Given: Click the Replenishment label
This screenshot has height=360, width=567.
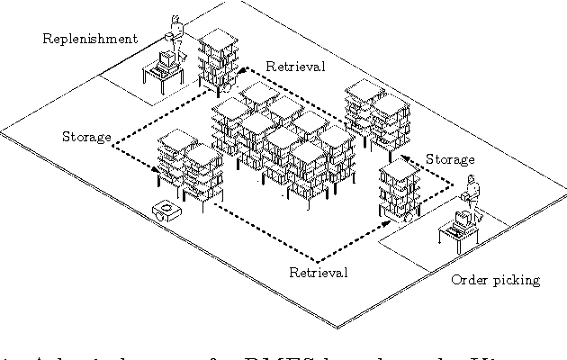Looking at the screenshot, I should point(90,39).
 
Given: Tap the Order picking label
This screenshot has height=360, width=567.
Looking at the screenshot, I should point(495,279).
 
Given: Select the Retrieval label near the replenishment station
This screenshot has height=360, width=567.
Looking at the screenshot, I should point(295,67).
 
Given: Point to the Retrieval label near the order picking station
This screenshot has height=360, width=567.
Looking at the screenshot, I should point(317,272).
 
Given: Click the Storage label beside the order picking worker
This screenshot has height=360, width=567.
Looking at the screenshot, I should point(450,159).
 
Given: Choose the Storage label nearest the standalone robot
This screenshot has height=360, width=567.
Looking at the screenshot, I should point(86,137).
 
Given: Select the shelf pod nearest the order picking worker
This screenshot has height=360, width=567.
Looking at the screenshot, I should point(398,189).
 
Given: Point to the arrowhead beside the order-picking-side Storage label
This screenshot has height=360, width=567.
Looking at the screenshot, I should point(405,158).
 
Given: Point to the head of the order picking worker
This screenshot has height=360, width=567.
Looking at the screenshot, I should point(472,181).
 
